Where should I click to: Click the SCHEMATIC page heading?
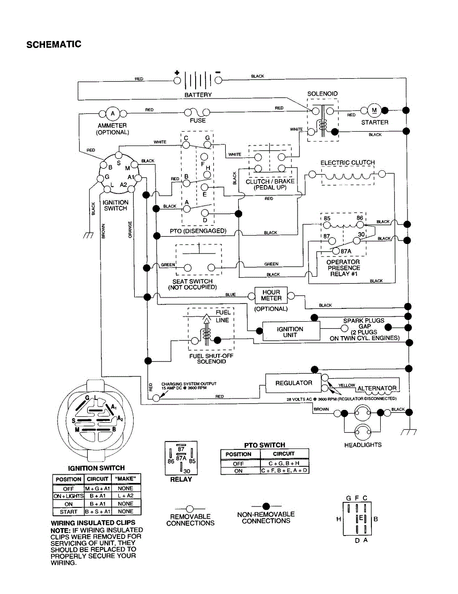point(53,45)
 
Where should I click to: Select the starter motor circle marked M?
point(374,110)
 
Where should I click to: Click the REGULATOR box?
point(294,383)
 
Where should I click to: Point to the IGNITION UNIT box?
point(290,332)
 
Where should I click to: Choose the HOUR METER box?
point(271,296)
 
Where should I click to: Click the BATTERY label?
point(198,95)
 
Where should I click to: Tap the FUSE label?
point(198,120)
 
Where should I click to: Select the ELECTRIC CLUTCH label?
point(348,162)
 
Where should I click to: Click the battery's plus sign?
point(177,73)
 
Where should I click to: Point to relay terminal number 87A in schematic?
point(345,251)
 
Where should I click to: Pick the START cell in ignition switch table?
point(68,511)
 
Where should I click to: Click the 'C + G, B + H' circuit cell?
point(284,463)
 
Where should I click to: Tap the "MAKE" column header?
point(126,479)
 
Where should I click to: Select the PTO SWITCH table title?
point(265,445)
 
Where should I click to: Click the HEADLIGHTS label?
point(363,445)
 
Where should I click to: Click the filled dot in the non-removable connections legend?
point(266,505)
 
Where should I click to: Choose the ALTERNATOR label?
point(377,388)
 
